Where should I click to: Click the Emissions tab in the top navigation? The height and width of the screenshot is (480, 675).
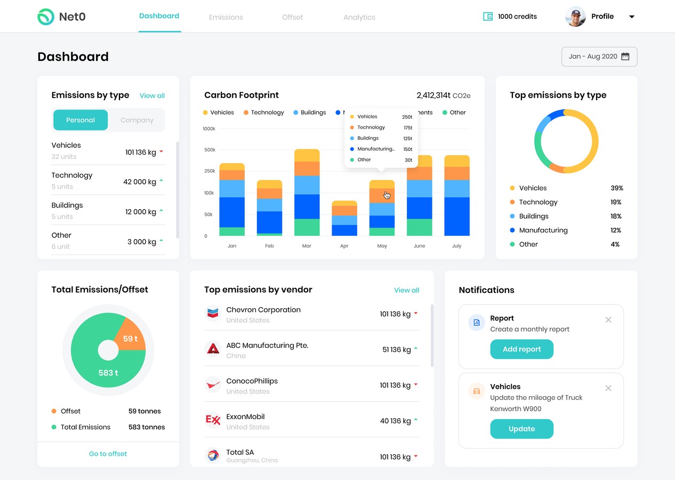(x=226, y=17)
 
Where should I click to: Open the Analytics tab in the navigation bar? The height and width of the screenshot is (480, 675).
(x=359, y=17)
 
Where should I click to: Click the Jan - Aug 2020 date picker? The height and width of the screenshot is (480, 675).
(x=599, y=57)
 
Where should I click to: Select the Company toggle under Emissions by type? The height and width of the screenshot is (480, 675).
(x=137, y=120)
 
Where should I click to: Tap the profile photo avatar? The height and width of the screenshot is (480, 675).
(x=575, y=17)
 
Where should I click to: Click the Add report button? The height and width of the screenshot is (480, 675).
(x=521, y=349)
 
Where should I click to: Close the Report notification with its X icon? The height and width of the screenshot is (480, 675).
(x=608, y=320)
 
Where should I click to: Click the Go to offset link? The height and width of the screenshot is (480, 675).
(x=108, y=454)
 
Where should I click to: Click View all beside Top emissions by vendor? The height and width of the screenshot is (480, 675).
(x=406, y=290)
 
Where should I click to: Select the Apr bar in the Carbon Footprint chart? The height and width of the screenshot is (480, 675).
(x=344, y=219)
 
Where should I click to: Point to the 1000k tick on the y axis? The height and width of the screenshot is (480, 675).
(x=209, y=129)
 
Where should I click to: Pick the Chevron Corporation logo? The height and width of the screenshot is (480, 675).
(x=213, y=313)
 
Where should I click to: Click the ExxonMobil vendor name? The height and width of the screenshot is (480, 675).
(x=245, y=417)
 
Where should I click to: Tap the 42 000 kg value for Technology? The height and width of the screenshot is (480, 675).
(x=139, y=182)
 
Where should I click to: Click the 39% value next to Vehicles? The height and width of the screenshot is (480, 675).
(x=617, y=188)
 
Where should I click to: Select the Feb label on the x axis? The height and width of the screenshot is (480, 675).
(x=269, y=246)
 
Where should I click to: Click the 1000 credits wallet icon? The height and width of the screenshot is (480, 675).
(x=488, y=17)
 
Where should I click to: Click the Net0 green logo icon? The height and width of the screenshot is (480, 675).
(x=46, y=17)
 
